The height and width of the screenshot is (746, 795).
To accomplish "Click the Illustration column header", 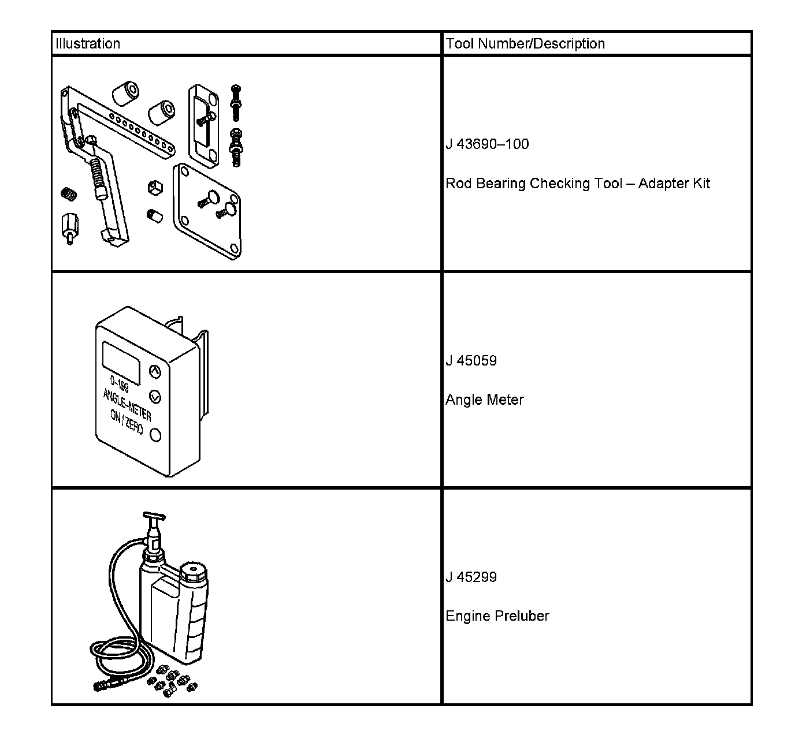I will coord(88,44).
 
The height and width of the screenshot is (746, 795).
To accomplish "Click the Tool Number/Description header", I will coord(525,44).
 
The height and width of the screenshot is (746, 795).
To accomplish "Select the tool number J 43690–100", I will coord(487,144).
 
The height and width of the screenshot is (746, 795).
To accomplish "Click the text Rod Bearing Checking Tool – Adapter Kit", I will coord(578,184).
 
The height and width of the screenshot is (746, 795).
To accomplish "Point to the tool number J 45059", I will coord(471,361).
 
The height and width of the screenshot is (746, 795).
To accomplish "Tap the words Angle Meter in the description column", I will coord(484,400).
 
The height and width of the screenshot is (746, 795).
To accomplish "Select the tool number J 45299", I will coord(471,577).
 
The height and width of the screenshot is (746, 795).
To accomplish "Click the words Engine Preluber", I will coord(497,616).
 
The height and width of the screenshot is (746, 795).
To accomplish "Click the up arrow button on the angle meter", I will coord(155,371).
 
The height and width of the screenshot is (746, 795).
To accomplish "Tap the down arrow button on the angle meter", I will coord(155,397).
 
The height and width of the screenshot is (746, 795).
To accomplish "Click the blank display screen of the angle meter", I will coord(121,362).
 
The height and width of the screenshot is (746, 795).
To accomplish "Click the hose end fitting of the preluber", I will coord(105,685).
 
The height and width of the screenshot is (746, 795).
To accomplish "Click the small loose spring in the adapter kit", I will coord(69,194).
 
